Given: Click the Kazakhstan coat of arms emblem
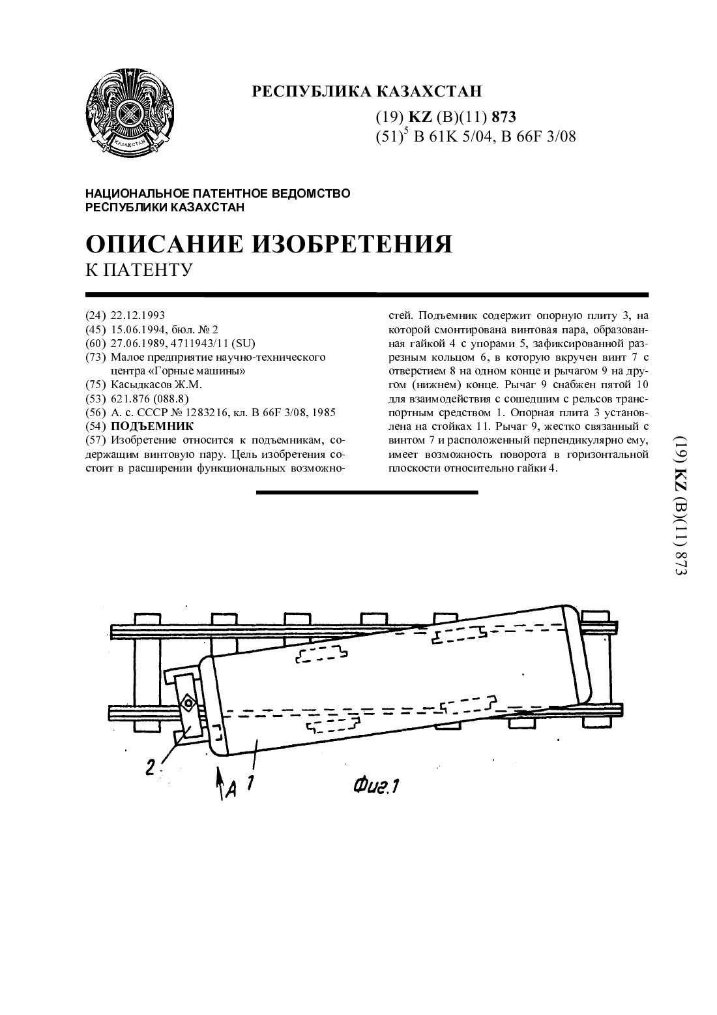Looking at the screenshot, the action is [130, 112].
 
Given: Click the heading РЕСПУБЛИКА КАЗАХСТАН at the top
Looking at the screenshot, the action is [366, 91].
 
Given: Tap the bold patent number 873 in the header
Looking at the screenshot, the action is [503, 117].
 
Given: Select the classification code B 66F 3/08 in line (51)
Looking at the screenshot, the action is [537, 136].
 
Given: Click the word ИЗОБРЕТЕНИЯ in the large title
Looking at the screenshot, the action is [352, 244].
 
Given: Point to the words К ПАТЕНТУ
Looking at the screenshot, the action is [139, 270].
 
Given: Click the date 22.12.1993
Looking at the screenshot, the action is [138, 315].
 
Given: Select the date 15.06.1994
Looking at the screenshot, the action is [138, 329].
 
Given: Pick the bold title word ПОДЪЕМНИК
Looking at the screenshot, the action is [152, 426].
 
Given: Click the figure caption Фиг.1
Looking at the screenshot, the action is [376, 786].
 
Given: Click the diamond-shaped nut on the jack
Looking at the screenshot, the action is [188, 703].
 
